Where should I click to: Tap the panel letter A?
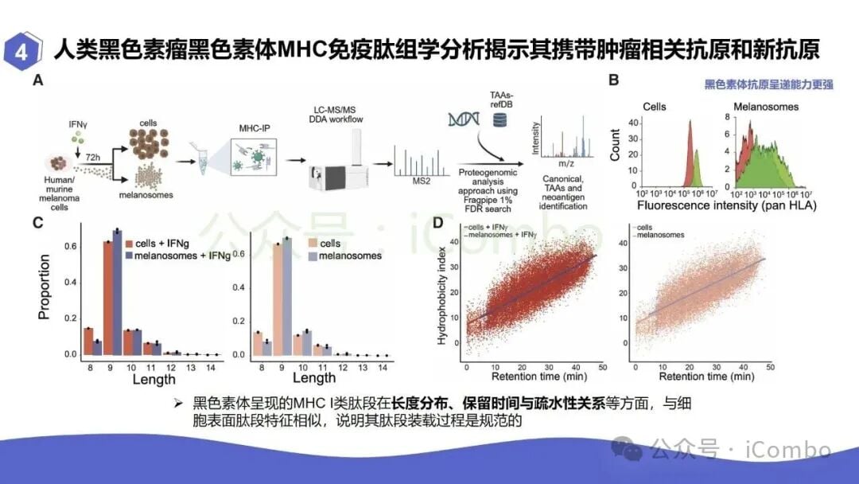(x=38, y=81)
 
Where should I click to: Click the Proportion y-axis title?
(x=45, y=287)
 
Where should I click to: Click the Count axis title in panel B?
(x=615, y=142)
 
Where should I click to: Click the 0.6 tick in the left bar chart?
(x=71, y=246)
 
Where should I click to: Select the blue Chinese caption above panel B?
(x=768, y=84)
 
